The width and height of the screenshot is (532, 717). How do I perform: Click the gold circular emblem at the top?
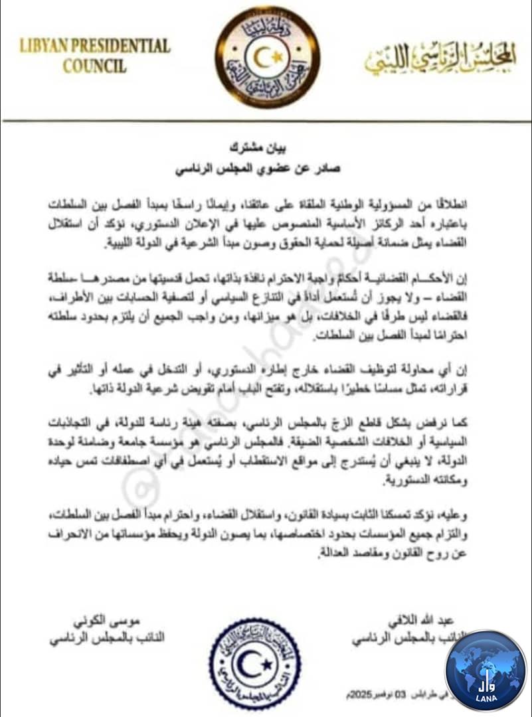coord(268,57)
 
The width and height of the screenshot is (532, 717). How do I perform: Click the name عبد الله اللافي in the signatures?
coord(390,621)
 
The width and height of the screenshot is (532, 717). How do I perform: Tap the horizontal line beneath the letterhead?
coord(266,120)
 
